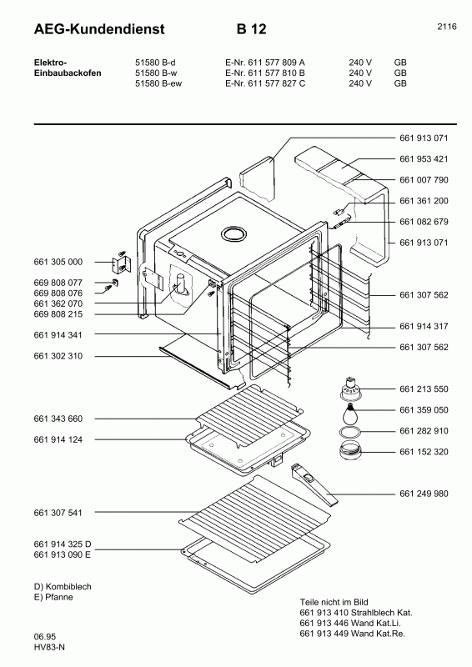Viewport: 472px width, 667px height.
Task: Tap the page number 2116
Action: [446, 27]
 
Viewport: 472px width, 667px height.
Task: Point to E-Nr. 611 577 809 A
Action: [265, 63]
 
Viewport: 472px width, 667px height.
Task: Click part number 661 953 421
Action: [424, 158]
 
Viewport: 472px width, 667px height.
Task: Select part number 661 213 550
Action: [424, 389]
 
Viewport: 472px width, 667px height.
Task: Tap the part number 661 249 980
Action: [424, 494]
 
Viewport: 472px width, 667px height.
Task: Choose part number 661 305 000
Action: [58, 262]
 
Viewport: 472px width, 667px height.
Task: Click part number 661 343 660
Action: [58, 418]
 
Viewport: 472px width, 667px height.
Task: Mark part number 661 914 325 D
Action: [63, 544]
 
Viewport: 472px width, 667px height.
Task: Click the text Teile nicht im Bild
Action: [334, 602]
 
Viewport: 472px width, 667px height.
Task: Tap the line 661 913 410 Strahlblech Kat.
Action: [355, 613]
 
